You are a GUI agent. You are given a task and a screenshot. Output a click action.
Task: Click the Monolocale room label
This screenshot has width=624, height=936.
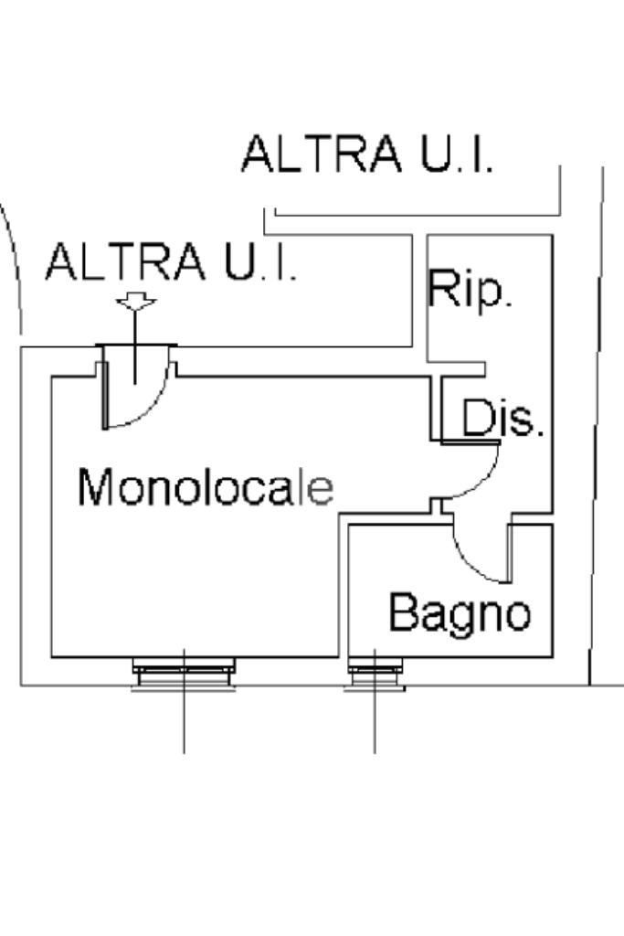tap(206, 487)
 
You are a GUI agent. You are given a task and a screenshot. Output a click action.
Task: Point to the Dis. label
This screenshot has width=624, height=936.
tap(502, 417)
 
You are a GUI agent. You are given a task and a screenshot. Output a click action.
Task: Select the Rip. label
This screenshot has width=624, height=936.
tap(470, 290)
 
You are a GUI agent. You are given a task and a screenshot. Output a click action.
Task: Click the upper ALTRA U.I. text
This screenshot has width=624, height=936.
tap(367, 154)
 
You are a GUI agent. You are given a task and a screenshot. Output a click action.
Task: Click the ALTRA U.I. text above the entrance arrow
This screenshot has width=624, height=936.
tap(171, 261)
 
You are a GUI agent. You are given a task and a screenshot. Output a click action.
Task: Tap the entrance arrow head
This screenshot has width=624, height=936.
tap(136, 302)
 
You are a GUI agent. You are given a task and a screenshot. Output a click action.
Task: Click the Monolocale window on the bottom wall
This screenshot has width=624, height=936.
tap(184, 674)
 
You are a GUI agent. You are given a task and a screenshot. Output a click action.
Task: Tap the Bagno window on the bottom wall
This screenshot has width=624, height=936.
tap(375, 674)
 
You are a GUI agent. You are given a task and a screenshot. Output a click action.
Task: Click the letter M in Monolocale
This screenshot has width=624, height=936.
tap(95, 487)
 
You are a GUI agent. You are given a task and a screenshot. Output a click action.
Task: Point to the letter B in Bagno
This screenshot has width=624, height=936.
tap(403, 611)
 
